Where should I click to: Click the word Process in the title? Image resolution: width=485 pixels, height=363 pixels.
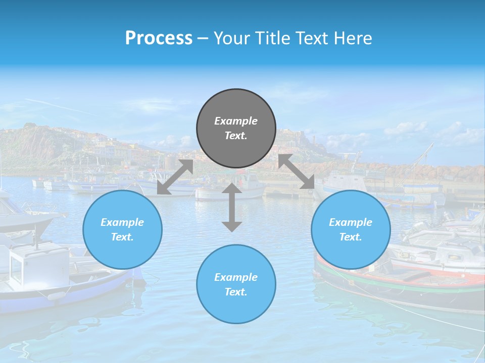(x=159, y=38)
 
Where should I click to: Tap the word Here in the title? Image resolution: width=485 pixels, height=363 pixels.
(x=354, y=38)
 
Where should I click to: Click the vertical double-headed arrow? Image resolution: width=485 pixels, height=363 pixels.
(x=232, y=207)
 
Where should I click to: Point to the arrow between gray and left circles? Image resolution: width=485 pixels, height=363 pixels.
(x=175, y=177)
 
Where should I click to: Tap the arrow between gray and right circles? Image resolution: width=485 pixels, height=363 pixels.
(x=297, y=172)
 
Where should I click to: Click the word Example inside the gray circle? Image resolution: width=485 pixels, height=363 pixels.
(x=236, y=121)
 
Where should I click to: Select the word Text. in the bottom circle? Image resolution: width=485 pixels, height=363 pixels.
(x=236, y=292)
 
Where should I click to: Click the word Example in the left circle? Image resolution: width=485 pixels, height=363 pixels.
(x=122, y=222)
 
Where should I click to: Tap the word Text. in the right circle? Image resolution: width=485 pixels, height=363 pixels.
(x=351, y=237)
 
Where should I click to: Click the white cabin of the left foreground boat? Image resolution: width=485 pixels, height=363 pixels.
(x=38, y=265)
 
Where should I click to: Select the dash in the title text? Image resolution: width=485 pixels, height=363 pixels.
(x=203, y=39)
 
